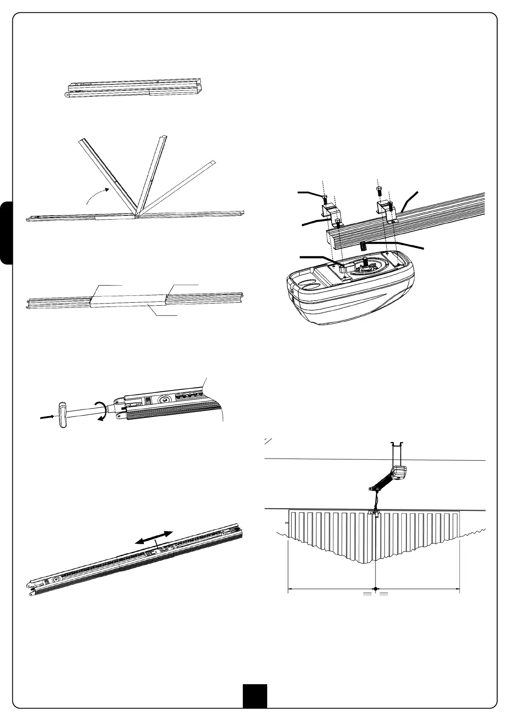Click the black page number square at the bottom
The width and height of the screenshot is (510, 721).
254,696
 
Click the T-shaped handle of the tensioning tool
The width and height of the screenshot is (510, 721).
63,414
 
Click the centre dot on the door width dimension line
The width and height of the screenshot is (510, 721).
375,589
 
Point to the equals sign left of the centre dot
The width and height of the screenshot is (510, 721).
367,594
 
